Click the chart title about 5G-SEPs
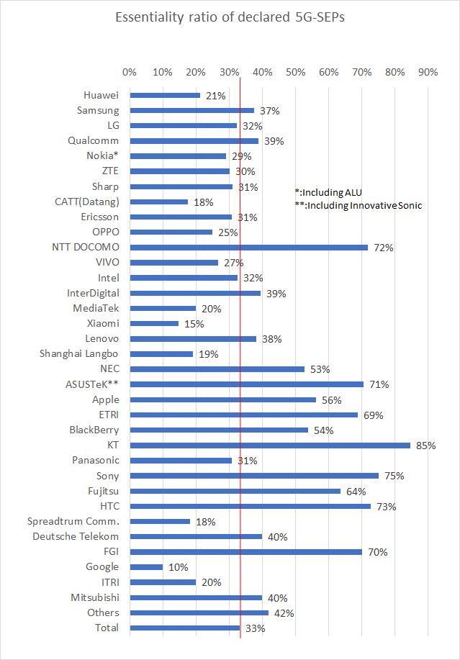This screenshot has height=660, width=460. [x=230, y=18]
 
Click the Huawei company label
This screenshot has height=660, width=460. [x=102, y=95]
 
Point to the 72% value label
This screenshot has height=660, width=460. [x=383, y=248]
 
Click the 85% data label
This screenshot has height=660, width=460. [x=426, y=446]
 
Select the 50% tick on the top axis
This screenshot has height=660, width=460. [x=295, y=72]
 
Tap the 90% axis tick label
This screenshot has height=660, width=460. [x=428, y=72]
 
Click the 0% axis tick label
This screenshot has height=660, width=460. [x=130, y=72]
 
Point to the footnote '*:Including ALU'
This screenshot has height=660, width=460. [x=329, y=192]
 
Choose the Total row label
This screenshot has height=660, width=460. [x=107, y=628]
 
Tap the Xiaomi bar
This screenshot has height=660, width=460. [x=154, y=323]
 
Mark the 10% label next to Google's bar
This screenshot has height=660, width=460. [x=177, y=567]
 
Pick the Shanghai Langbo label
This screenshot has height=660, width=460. [x=79, y=353]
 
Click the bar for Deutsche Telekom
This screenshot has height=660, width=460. [x=196, y=536]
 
